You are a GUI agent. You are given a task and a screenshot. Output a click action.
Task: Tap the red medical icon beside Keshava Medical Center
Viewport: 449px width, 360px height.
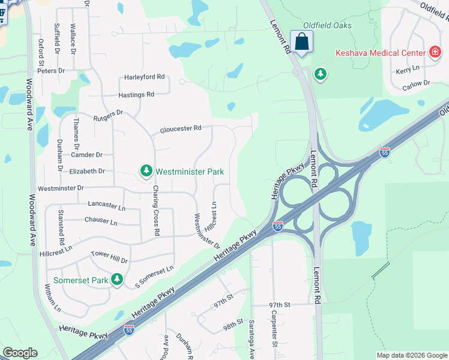435,53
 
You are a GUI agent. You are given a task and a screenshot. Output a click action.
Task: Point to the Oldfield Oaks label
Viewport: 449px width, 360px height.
327,25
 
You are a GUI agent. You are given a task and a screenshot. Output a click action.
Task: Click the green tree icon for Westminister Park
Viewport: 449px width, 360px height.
146,172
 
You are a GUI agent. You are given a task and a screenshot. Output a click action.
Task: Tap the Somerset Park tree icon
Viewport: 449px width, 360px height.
118,280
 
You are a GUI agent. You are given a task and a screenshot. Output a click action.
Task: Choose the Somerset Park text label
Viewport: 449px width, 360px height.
80,280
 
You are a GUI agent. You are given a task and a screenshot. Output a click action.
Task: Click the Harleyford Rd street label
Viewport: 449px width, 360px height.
144,77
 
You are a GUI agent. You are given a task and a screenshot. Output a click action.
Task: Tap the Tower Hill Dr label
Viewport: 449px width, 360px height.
109,259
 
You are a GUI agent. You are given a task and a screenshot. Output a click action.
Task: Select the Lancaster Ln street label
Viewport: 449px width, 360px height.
106,205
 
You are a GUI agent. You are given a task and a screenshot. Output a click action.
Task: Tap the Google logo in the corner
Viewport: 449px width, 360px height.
20,353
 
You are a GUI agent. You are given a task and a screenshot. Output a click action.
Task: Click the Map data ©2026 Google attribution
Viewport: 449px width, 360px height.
411,355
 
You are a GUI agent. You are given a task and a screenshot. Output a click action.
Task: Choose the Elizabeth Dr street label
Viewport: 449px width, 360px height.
87,171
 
